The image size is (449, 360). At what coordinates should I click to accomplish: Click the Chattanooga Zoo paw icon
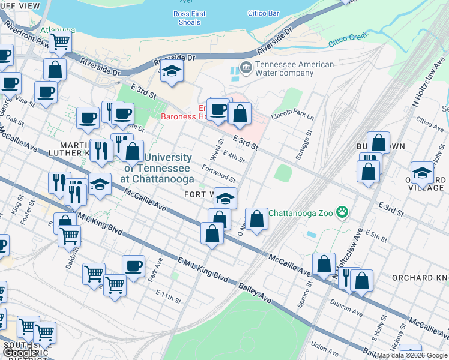tap(342, 212)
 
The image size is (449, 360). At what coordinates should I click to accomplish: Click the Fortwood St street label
tap(218, 175)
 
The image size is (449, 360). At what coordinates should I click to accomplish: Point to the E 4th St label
tap(234, 158)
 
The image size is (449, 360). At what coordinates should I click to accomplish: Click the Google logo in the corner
tap(20, 353)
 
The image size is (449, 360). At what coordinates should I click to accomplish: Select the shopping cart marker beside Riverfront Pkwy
tap(61, 42)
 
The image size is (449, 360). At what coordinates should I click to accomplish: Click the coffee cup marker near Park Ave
tap(133, 266)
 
